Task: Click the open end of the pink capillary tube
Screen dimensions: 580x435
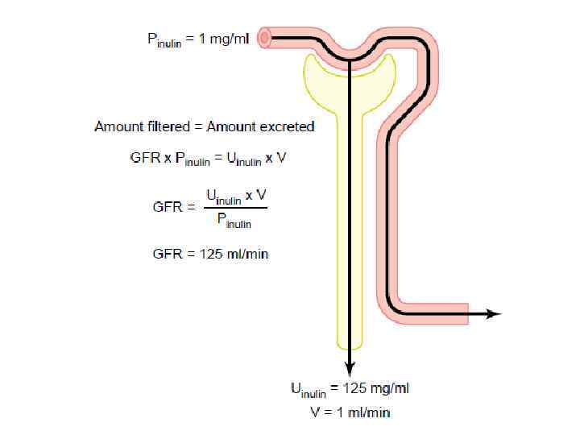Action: pyautogui.click(x=264, y=38)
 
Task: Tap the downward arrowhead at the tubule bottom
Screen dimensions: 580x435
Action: pyautogui.click(x=350, y=368)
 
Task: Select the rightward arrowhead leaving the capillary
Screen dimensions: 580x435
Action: pyautogui.click(x=493, y=314)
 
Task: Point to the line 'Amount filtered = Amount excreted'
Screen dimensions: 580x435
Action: pyautogui.click(x=204, y=126)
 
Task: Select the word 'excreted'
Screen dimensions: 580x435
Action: pyautogui.click(x=287, y=126)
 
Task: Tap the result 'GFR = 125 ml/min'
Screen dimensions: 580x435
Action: pyautogui.click(x=210, y=254)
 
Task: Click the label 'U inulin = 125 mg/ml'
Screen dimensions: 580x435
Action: pyautogui.click(x=350, y=389)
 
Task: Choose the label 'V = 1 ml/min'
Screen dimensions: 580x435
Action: pyautogui.click(x=350, y=412)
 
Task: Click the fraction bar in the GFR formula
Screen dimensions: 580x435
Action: pyautogui.click(x=235, y=208)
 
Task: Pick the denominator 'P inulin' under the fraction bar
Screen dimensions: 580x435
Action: pyautogui.click(x=234, y=220)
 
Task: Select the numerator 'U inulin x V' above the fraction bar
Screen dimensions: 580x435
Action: pyautogui.click(x=236, y=196)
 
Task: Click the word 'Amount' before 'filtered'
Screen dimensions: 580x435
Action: pyautogui.click(x=117, y=126)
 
